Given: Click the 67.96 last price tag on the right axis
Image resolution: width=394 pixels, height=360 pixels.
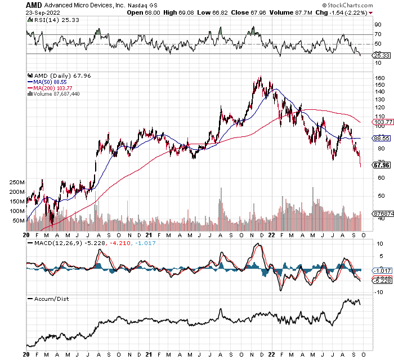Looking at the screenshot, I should click(x=382, y=165).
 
